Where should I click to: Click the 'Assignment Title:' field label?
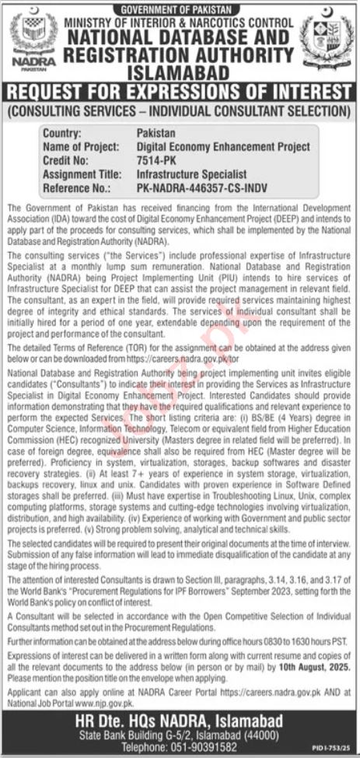(83, 173)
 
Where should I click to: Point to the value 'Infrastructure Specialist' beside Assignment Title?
(191, 173)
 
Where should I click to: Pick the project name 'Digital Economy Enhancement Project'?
(223, 146)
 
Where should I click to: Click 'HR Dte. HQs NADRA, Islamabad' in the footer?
(180, 718)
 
